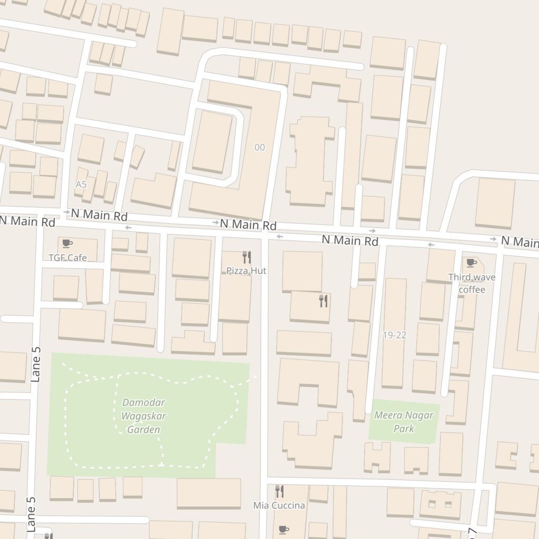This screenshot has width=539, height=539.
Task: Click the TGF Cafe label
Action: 67,257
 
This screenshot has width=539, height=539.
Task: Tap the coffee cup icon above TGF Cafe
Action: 66,243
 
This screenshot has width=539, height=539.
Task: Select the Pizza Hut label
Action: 246,271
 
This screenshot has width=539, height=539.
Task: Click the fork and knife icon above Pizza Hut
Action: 246,257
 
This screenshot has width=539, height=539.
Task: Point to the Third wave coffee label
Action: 472,283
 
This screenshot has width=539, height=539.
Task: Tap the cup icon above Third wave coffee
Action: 471,263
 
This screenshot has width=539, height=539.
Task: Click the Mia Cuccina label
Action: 279,505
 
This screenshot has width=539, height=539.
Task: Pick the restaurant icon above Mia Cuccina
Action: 280,491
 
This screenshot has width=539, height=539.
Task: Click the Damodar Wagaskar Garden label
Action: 144,416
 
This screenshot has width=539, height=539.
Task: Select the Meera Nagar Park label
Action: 404,422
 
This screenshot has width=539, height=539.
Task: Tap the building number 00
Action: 259,147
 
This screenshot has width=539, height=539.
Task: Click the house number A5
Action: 81,184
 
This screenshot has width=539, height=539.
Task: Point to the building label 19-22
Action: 394,335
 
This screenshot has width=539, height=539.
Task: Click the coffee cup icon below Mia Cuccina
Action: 283,528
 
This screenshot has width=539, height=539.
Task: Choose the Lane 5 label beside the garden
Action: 36,364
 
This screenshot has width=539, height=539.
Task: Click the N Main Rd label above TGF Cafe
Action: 99,215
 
